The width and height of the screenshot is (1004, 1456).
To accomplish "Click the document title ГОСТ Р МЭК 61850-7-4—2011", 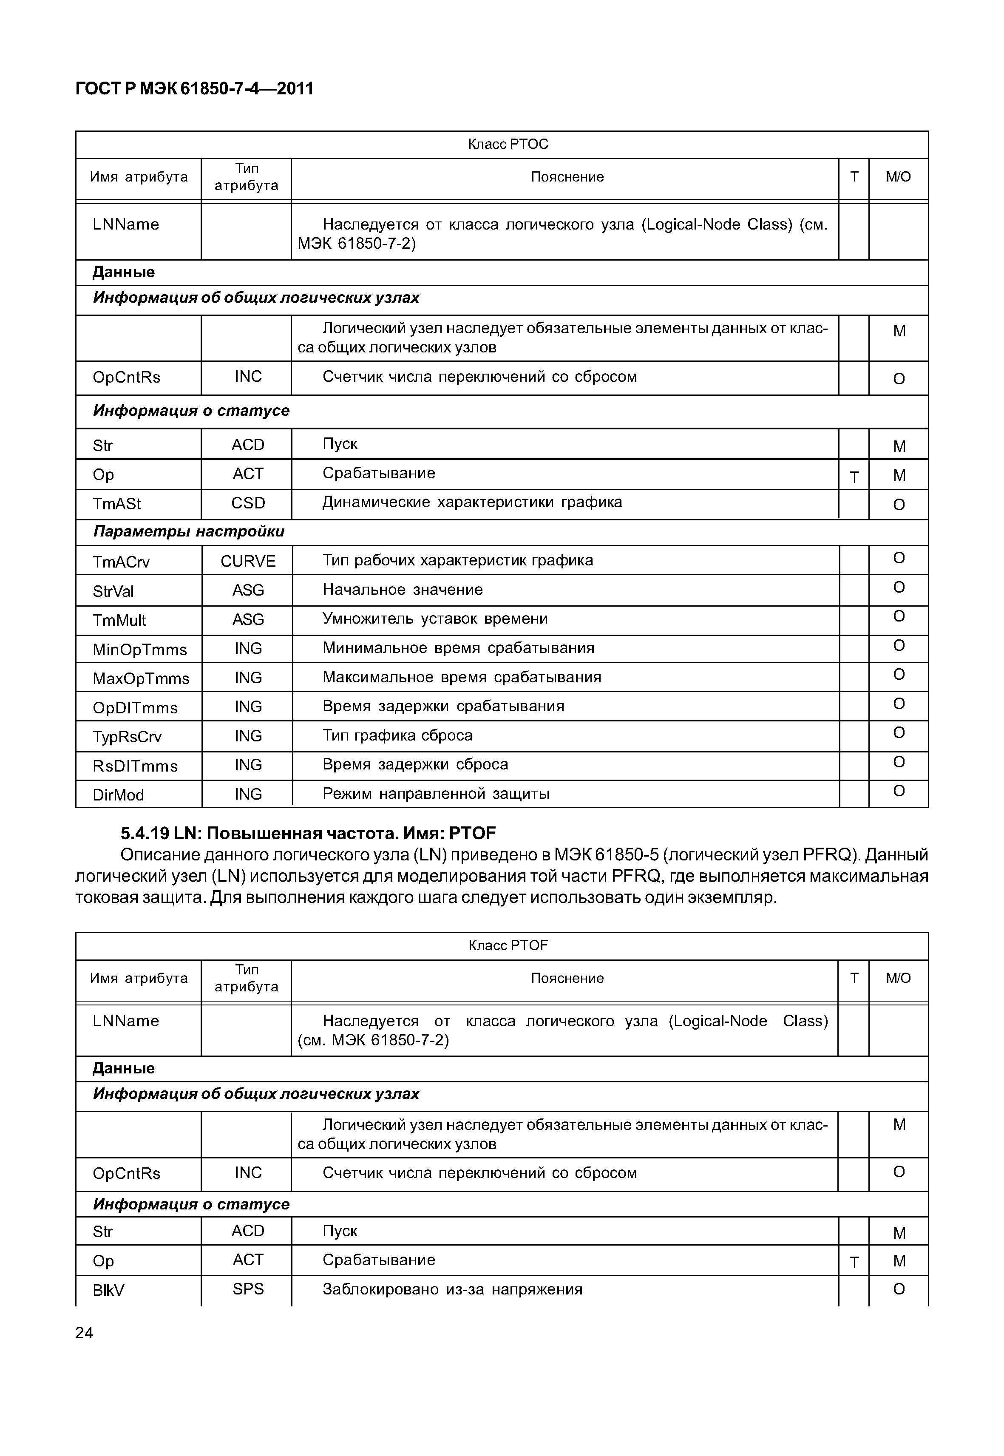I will (x=194, y=89).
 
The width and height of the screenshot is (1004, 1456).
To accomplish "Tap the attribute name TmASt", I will (x=117, y=504).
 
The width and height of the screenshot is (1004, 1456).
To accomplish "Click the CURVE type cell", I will (x=248, y=561).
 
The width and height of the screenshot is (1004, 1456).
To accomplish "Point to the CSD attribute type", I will (x=248, y=503).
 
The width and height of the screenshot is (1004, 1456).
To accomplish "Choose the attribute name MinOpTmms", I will (x=140, y=649).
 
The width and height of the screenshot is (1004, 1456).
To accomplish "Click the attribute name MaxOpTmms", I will (x=141, y=678).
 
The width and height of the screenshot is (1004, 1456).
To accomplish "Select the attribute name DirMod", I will (x=118, y=795).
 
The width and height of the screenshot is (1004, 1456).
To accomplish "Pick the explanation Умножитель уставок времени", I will (x=435, y=619).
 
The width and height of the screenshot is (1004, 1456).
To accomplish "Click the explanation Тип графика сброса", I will (x=397, y=735).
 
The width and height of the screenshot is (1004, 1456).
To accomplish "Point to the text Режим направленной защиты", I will (x=436, y=794).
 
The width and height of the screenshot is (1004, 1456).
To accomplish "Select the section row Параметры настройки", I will (x=189, y=532).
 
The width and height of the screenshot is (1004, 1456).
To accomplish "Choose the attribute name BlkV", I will (x=109, y=1291).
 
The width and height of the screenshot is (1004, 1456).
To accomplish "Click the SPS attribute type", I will (x=248, y=1289).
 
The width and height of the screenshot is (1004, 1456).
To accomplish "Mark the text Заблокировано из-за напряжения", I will (x=452, y=1290).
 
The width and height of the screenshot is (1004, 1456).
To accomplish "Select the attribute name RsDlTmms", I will (x=135, y=766).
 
